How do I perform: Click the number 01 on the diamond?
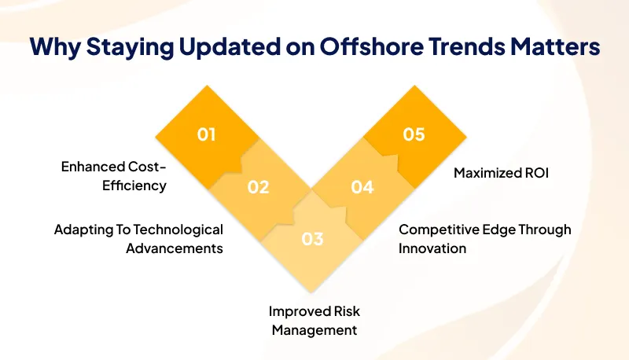[206, 134]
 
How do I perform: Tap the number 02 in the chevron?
[259, 187]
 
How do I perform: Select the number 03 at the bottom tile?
[312, 238]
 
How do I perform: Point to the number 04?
[362, 187]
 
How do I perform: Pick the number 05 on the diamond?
[414, 134]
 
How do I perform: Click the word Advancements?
[175, 248]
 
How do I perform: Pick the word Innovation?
[432, 248]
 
